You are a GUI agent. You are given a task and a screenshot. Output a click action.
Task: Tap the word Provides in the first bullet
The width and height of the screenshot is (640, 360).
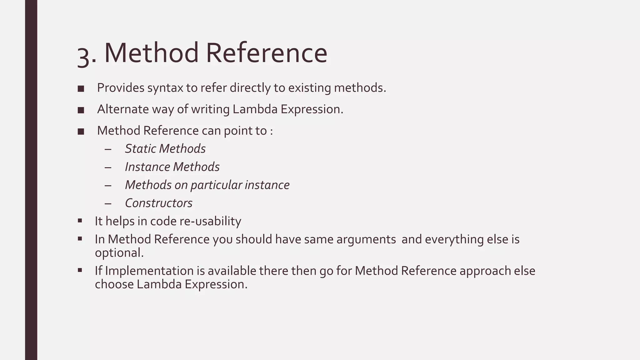[121, 88]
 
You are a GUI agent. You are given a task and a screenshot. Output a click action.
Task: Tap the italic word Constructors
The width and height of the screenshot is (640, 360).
[159, 203]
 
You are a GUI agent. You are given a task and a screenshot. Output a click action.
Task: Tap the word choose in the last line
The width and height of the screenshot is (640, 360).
[114, 284]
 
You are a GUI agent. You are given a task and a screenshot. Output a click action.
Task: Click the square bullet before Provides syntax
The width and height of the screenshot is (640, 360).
[81, 89]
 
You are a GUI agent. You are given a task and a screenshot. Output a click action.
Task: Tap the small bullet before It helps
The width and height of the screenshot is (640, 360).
[80, 221]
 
